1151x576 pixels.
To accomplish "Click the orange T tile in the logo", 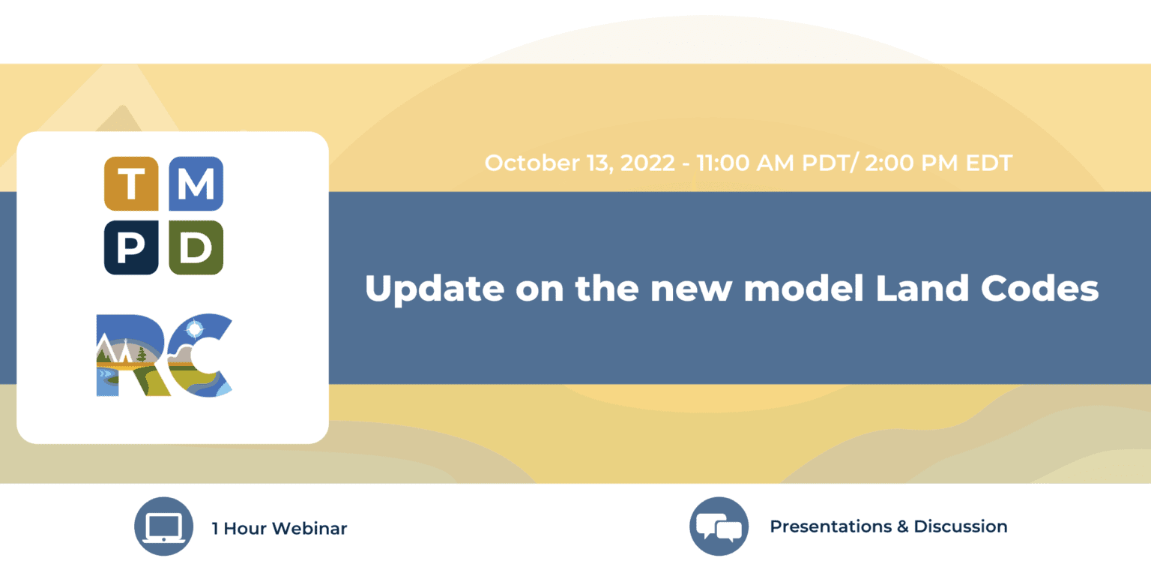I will pyautogui.click(x=131, y=184).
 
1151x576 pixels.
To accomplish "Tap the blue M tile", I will pyautogui.click(x=196, y=184).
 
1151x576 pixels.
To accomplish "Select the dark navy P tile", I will pyautogui.click(x=131, y=247).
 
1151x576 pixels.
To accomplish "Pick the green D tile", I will pyautogui.click(x=196, y=247).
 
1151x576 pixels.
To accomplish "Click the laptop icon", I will pyautogui.click(x=164, y=526).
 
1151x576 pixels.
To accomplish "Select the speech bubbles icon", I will pyautogui.click(x=719, y=526).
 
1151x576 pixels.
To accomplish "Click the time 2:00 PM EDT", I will pyautogui.click(x=938, y=163).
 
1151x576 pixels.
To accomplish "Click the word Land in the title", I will pyautogui.click(x=922, y=287).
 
